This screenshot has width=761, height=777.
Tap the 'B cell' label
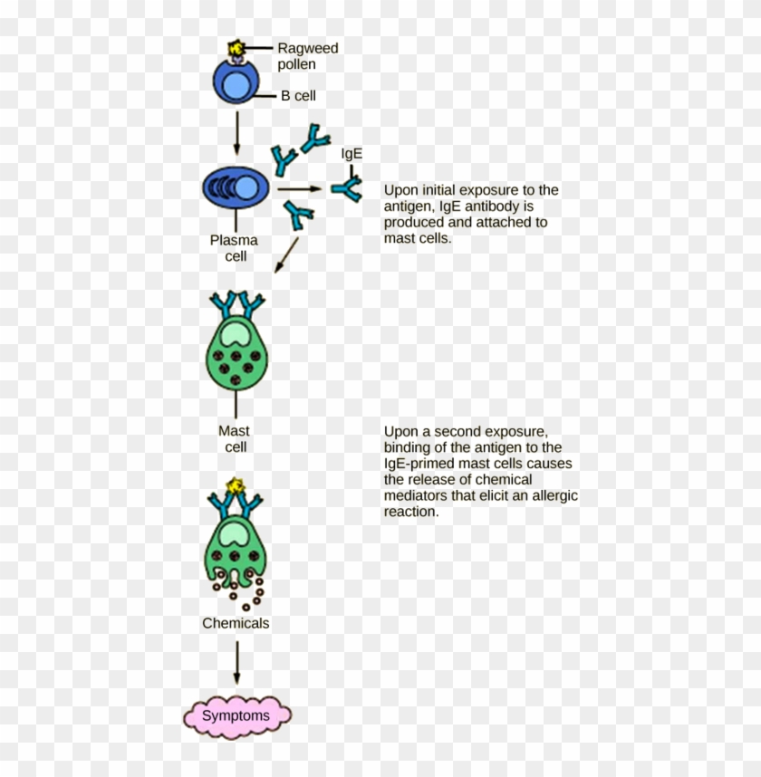click(298, 96)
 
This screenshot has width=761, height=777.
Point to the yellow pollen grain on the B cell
click(236, 46)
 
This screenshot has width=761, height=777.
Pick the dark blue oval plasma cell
click(236, 187)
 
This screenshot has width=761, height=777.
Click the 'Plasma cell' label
click(235, 248)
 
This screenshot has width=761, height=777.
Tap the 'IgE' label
click(352, 154)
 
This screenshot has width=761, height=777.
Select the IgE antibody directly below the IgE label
click(347, 188)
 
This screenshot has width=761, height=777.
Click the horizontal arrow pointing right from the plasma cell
click(299, 189)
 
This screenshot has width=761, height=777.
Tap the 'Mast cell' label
click(235, 439)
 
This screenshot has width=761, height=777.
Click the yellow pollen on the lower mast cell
click(237, 487)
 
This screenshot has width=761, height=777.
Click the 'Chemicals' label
click(236, 623)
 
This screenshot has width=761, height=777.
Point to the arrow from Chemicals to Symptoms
click(236, 663)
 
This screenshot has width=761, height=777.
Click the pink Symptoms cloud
click(236, 715)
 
